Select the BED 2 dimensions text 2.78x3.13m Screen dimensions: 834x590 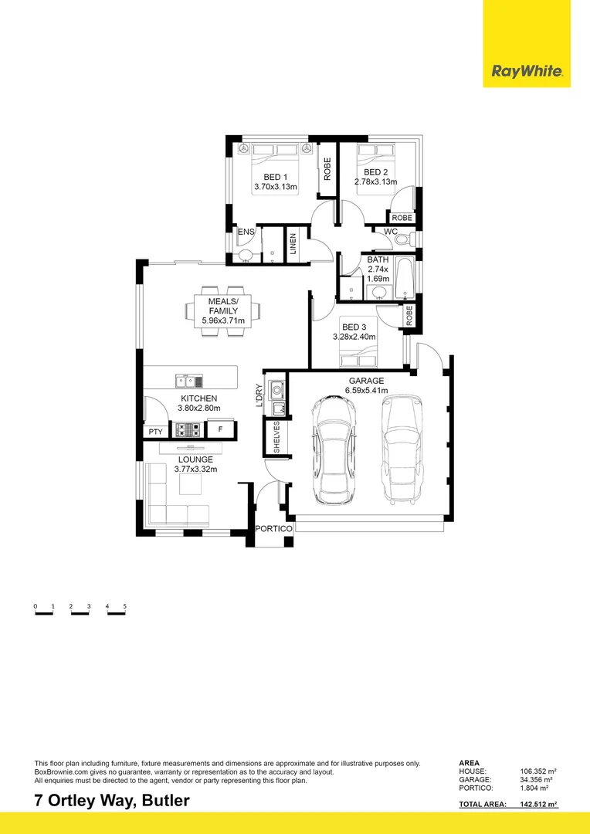(x=375, y=182)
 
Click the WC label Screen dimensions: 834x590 (x=391, y=231)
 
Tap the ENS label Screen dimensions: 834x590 (x=246, y=232)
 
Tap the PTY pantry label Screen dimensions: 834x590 (x=156, y=432)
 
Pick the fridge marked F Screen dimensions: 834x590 (x=220, y=430)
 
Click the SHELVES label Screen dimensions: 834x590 (x=276, y=436)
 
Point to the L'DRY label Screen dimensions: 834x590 (x=259, y=395)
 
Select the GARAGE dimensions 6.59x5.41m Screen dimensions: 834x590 (x=366, y=392)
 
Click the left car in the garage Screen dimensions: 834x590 (x=334, y=450)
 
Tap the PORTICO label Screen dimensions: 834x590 (x=274, y=528)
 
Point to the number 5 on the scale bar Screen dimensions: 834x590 (x=124, y=607)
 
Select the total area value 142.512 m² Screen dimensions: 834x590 (x=538, y=805)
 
